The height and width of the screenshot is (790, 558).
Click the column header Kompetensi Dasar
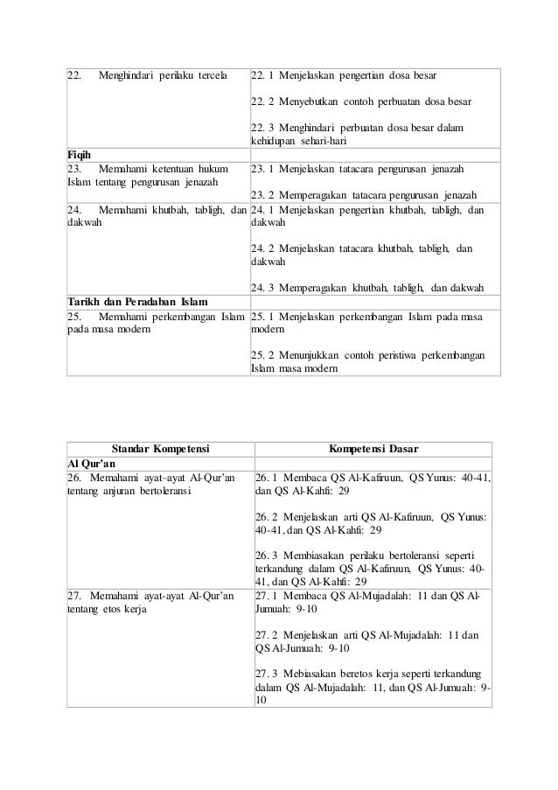tap(373, 450)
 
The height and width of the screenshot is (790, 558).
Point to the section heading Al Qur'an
tap(94, 464)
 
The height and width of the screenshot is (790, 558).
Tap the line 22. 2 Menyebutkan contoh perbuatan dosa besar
tap(360, 101)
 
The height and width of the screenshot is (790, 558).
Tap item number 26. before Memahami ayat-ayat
tap(76, 478)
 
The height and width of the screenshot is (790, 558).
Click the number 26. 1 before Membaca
tap(267, 478)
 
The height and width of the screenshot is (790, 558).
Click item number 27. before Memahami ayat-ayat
tap(76, 596)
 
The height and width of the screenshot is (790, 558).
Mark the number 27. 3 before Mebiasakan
tap(267, 675)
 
